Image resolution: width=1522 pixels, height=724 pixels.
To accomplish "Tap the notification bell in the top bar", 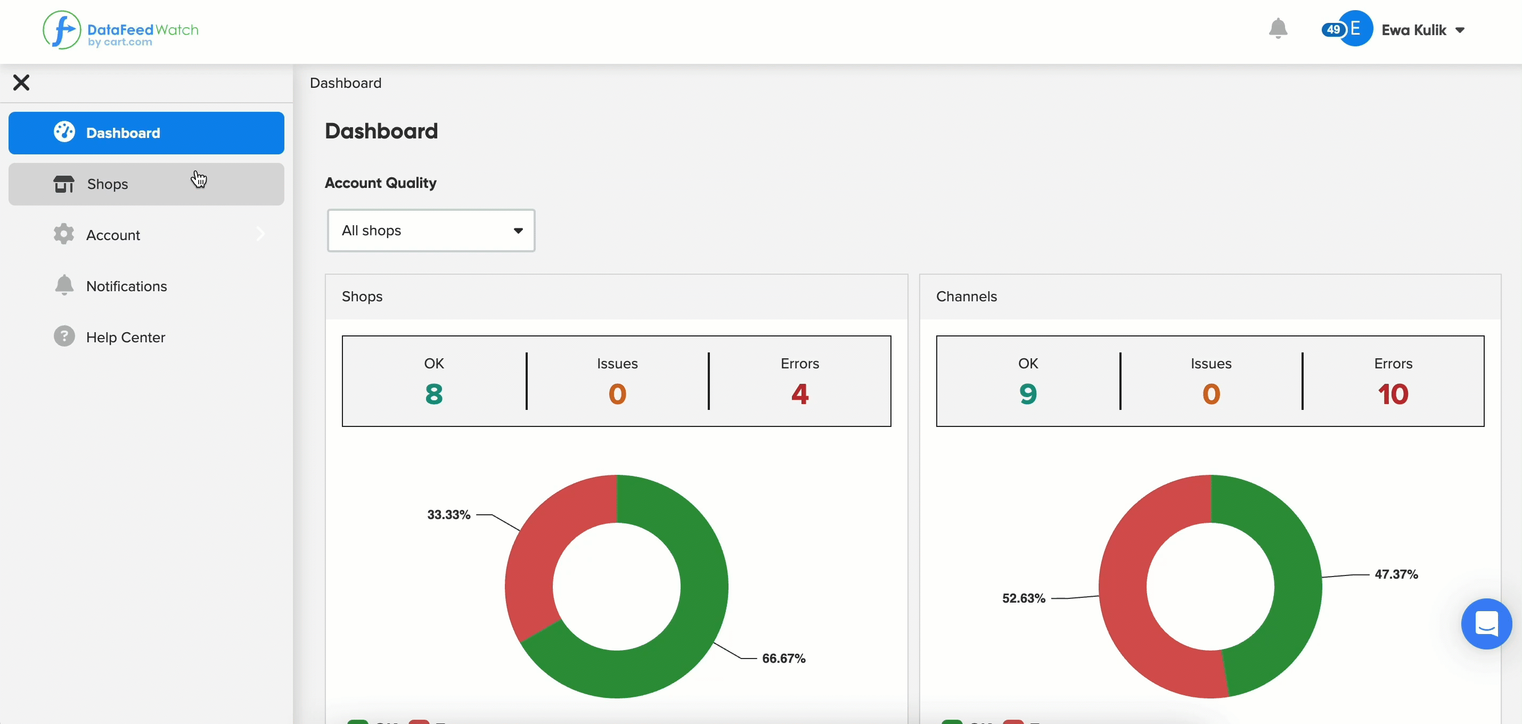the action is (x=1278, y=28).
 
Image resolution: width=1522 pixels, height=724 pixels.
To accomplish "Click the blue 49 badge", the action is (x=1333, y=29).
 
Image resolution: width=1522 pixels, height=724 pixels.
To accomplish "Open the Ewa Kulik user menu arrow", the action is (x=1460, y=30).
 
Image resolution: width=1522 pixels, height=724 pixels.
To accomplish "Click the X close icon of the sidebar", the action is (x=21, y=83).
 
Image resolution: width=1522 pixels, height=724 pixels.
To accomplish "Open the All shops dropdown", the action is (x=431, y=231).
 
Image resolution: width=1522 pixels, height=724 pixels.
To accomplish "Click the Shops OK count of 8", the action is (x=434, y=394).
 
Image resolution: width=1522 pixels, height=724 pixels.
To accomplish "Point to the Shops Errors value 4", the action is (x=800, y=394).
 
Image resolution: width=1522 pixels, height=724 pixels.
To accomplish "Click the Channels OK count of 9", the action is (x=1028, y=394).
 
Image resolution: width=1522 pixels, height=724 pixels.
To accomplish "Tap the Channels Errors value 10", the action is (x=1393, y=394).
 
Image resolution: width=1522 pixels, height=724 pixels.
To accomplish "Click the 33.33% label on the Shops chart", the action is (x=449, y=515).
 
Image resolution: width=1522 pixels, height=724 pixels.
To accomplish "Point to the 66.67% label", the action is (x=784, y=659).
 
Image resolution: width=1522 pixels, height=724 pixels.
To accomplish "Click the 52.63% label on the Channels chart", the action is (x=1024, y=598).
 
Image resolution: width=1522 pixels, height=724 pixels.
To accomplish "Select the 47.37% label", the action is (x=1397, y=574).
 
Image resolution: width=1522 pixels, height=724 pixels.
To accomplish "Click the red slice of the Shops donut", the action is (x=544, y=549).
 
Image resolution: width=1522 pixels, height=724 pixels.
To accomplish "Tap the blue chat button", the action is (x=1486, y=623).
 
